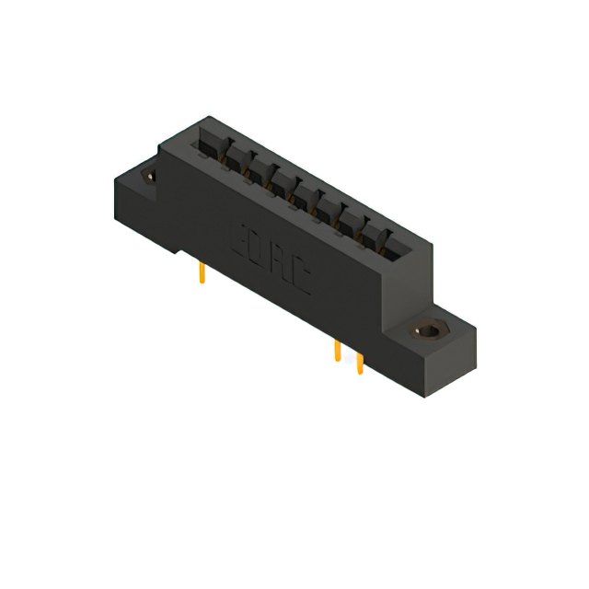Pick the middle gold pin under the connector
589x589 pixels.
click(338, 352)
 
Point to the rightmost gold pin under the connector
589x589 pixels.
click(359, 365)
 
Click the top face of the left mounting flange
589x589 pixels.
click(133, 179)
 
